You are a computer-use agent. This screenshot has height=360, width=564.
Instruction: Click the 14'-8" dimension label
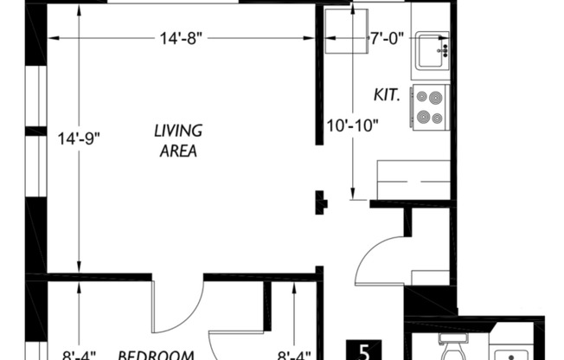click(x=182, y=38)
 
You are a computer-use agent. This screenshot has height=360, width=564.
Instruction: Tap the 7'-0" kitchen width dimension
click(x=386, y=38)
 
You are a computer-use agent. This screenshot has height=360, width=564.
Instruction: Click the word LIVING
click(x=177, y=131)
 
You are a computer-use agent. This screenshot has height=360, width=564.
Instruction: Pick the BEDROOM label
click(x=154, y=354)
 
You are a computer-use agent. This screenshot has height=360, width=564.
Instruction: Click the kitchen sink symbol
click(x=431, y=51)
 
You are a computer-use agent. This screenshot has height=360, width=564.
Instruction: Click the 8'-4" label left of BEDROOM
click(x=80, y=354)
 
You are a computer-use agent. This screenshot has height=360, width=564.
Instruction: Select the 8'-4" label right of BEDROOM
click(x=294, y=354)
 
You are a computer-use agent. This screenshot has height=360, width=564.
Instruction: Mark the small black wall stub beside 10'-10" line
click(x=320, y=202)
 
